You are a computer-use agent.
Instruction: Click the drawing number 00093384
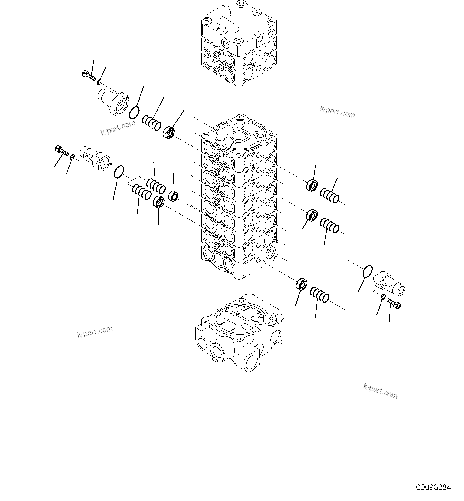pos(433,487)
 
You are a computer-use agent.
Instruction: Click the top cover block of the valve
pos(239,44)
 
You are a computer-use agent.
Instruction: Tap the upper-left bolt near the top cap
pos(88,75)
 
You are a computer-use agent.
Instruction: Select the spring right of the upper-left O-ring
pos(152,122)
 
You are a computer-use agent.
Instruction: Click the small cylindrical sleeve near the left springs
pos(173,196)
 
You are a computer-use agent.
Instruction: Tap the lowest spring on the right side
pos(320,295)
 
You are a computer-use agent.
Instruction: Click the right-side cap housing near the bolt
pos(389,283)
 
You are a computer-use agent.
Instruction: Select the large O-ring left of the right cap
pos(367,271)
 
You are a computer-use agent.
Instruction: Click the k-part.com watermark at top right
pos(337,112)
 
